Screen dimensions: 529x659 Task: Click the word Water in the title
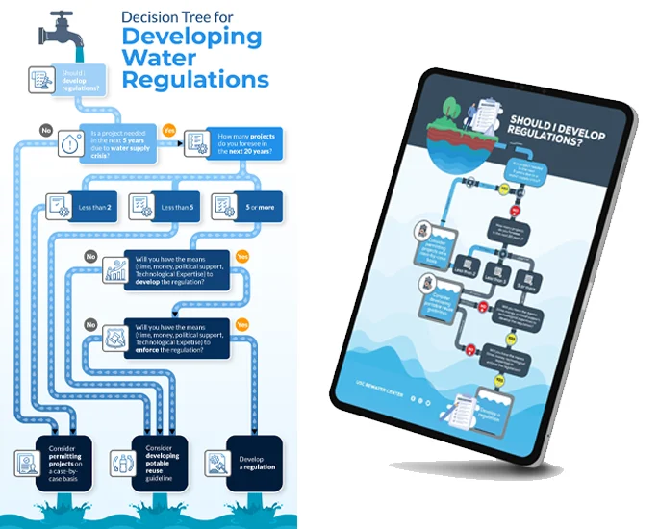159,59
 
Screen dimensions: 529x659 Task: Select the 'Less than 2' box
80,205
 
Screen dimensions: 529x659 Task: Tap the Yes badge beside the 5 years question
169,130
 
